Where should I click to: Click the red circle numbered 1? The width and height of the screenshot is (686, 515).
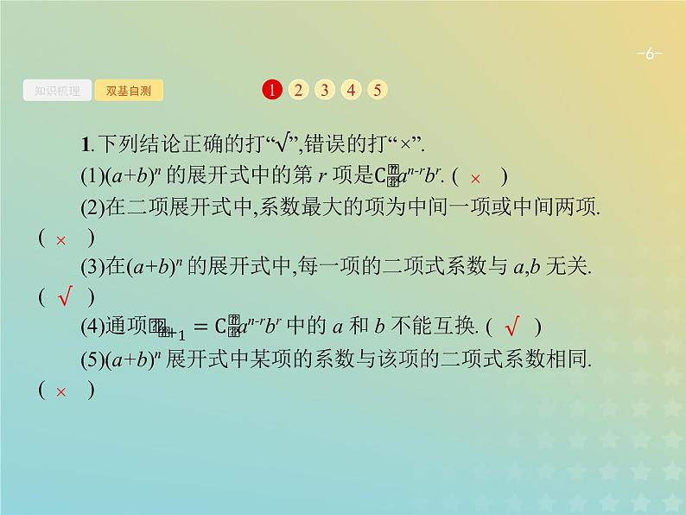pos(271,90)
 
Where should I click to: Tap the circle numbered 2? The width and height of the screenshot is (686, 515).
pos(297,90)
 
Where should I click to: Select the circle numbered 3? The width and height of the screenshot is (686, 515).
pos(324,90)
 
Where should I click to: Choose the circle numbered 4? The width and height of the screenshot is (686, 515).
pos(351,90)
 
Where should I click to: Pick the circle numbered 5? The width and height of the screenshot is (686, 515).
pos(378,90)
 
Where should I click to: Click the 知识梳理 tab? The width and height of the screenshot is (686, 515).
pos(57,90)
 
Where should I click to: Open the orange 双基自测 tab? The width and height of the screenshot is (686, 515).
pos(128,90)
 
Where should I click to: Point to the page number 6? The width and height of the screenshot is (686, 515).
pos(649,55)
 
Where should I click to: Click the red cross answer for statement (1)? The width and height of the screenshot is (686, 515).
pos(474,179)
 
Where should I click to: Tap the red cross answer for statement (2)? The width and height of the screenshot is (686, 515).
pos(60,240)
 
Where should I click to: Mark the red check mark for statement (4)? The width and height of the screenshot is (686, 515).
pos(511,327)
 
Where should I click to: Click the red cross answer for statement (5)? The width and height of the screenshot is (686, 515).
pos(60,391)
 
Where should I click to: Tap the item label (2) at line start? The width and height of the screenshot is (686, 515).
pos(92,208)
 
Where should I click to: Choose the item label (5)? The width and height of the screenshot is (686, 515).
pos(92,359)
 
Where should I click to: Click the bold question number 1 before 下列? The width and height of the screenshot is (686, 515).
pos(84,145)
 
